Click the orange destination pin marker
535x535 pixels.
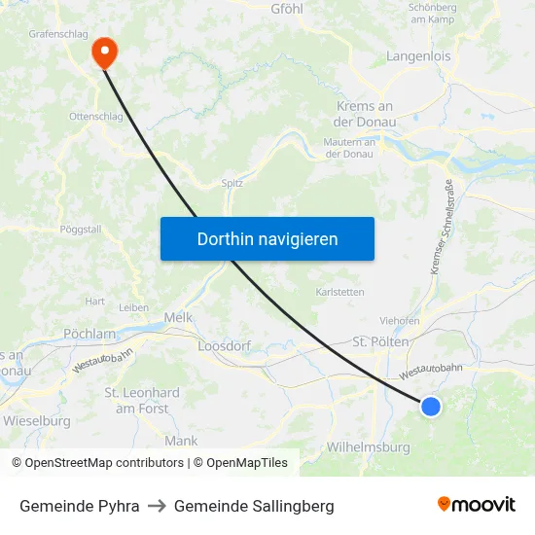click(x=103, y=51)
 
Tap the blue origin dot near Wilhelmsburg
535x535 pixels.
click(x=431, y=407)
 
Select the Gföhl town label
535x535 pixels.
click(x=289, y=9)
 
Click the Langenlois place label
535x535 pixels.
click(x=418, y=56)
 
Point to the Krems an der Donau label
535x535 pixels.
click(x=364, y=114)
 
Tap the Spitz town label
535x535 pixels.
click(x=232, y=182)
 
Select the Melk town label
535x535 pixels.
click(x=179, y=317)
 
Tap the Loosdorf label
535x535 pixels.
click(x=225, y=345)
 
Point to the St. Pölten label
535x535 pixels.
click(x=380, y=342)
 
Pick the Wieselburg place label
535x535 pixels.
click(x=36, y=421)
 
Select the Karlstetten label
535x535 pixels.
click(x=340, y=292)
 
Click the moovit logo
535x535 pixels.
click(x=477, y=505)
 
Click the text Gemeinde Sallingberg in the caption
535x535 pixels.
click(x=254, y=506)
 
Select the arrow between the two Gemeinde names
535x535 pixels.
click(x=157, y=506)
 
